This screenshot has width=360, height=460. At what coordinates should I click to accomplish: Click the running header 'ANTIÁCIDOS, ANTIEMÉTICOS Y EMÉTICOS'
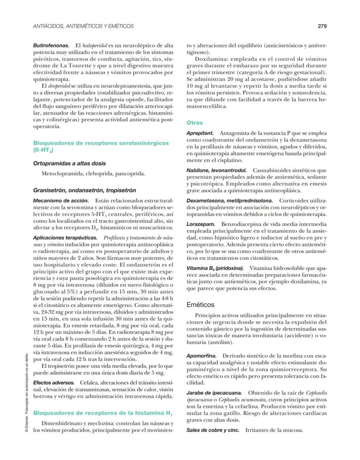point(83,26)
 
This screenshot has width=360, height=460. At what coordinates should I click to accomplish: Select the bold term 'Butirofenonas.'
point(51,45)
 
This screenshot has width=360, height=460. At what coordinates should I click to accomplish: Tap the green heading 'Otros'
point(194,123)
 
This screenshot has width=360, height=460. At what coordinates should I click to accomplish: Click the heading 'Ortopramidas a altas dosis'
point(70,163)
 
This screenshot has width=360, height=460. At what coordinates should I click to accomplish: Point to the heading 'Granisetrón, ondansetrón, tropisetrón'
point(85,190)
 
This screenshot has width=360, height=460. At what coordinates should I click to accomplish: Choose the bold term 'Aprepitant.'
point(200,132)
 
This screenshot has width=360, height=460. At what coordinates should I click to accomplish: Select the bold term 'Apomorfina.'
point(201,356)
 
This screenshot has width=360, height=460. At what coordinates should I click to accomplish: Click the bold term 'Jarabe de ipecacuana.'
point(213,393)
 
